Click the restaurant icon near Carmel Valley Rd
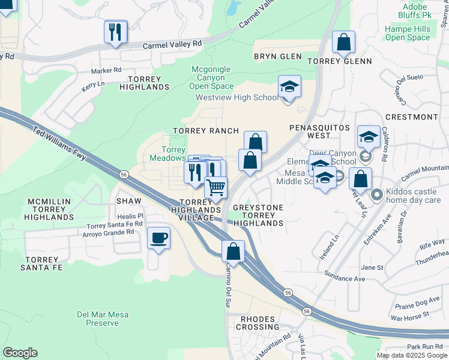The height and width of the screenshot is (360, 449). tap(116, 31)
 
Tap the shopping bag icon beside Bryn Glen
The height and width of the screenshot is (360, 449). tap(343, 42)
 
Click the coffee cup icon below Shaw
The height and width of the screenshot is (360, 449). tap(158, 238)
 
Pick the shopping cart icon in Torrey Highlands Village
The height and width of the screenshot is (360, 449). tap(215, 187)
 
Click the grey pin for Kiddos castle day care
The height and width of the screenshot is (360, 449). tap(376, 194)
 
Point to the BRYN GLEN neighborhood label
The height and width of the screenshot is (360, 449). tap(277, 57)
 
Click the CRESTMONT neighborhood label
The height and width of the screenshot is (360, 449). tap(411, 117)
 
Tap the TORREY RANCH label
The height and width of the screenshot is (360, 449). tap(206, 131)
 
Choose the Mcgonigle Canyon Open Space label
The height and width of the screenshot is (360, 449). tap(211, 77)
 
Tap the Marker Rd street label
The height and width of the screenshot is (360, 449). tap(106, 70)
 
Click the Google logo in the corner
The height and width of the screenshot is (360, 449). tap(20, 353)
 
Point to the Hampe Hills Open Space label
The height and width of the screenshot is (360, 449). tap(408, 33)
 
